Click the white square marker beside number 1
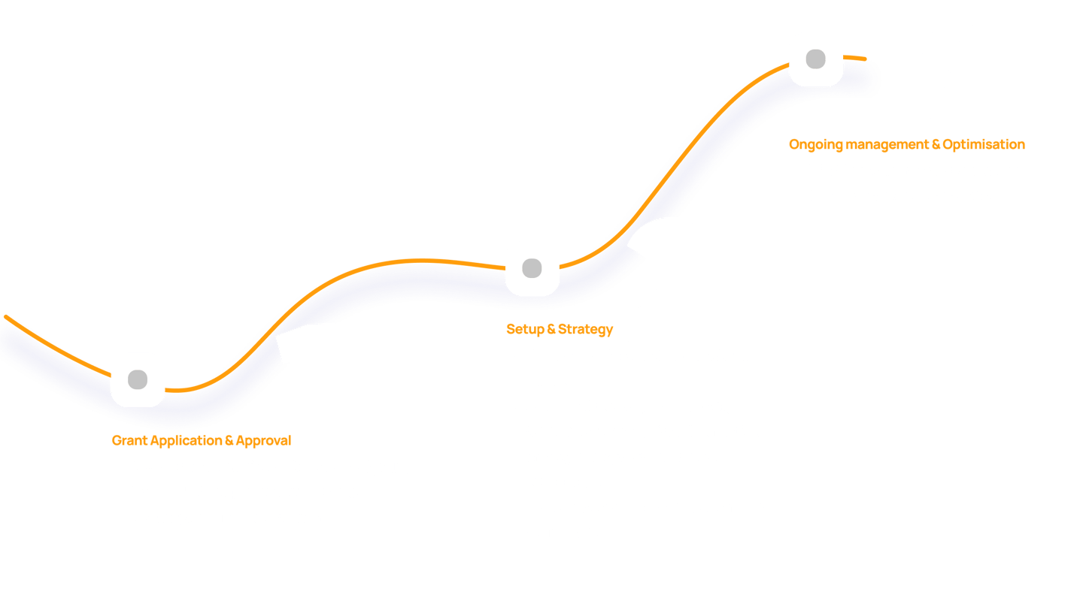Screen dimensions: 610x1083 coord(138,379)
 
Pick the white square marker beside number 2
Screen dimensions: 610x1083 coord(532,268)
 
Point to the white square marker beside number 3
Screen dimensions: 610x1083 coord(816,59)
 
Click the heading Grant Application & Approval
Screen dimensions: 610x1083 coord(201,440)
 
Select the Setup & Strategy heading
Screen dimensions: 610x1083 coord(560,329)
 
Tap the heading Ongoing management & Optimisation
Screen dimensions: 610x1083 coord(906,144)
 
